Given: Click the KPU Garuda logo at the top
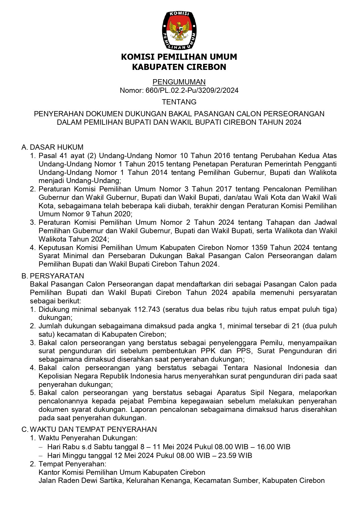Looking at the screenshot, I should [x=179, y=30].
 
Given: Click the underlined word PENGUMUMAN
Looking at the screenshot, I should [x=179, y=82].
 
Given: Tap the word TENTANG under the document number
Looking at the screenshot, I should [x=179, y=102].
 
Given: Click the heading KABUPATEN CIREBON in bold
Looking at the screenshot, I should [x=179, y=67].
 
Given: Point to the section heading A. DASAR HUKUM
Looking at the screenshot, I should [x=53, y=147].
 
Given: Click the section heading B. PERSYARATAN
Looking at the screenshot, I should [x=53, y=276].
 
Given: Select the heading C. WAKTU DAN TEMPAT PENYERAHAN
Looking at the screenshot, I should [x=89, y=429].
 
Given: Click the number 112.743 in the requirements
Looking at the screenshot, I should [x=147, y=309].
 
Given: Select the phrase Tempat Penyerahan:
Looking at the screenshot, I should [x=73, y=464].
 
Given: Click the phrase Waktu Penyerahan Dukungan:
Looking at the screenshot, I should [x=88, y=438].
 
